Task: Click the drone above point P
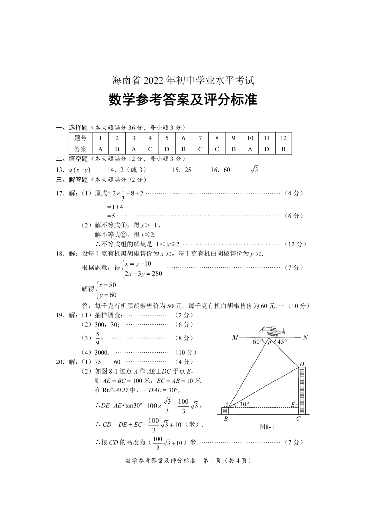pos(272,331)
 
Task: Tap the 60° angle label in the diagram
pos(257,342)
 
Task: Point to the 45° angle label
pos(282,342)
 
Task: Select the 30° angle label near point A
pos(244,404)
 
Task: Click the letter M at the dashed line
pos(235,337)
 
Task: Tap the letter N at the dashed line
pos(305,337)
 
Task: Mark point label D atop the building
pos(302,364)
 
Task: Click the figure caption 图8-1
pos(267,427)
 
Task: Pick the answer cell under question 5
pos(167,149)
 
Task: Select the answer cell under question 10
pos(250,149)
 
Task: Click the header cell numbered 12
pos(283,138)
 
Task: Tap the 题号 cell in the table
pos(80,138)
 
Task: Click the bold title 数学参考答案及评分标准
pos(183,100)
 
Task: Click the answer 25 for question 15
pos(188,170)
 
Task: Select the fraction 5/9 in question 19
pos(98,338)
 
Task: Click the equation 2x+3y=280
pos(143,274)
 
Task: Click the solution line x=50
pos(107,285)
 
